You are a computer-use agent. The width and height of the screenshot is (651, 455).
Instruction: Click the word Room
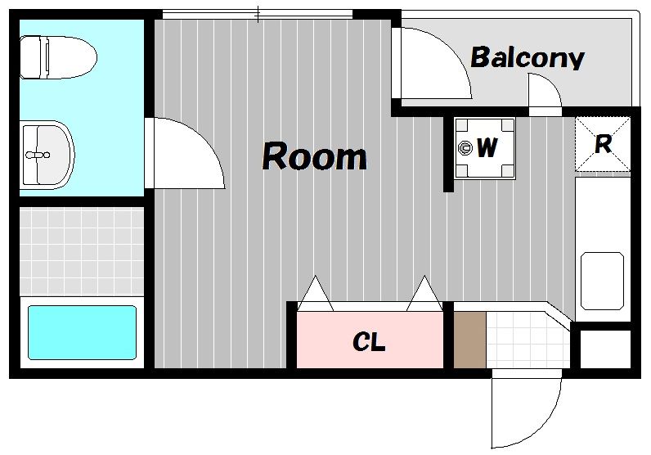pyautogui.click(x=314, y=156)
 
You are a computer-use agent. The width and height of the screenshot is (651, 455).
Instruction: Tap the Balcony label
pyautogui.click(x=528, y=58)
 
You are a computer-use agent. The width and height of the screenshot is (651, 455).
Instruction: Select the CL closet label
pyautogui.click(x=369, y=342)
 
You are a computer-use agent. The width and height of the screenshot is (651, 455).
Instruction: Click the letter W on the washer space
pyautogui.click(x=487, y=147)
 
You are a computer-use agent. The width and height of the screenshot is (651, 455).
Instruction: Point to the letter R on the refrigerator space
pyautogui.click(x=604, y=144)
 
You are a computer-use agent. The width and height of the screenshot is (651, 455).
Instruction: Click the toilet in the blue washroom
pyautogui.click(x=58, y=57)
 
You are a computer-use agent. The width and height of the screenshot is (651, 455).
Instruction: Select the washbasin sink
pyautogui.click(x=47, y=155)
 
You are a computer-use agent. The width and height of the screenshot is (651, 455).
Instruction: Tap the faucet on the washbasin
pyautogui.click(x=38, y=155)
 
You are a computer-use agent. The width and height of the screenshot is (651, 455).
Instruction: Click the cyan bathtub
pyautogui.click(x=83, y=332)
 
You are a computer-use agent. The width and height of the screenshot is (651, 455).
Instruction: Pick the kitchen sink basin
pyautogui.click(x=603, y=281)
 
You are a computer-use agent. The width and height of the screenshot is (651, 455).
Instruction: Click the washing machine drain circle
pyautogui.click(x=465, y=147)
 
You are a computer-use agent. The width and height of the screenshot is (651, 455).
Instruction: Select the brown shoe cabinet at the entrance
pyautogui.click(x=469, y=340)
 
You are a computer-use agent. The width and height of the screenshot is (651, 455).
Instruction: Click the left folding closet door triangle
pyautogui.click(x=316, y=293)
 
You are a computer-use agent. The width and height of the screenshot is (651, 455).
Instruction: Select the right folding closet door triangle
pyautogui.click(x=424, y=293)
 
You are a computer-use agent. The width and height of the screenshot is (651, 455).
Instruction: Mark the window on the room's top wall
pyautogui.click(x=258, y=15)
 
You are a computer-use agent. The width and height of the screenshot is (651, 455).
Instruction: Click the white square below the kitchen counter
pyautogui.click(x=605, y=349)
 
